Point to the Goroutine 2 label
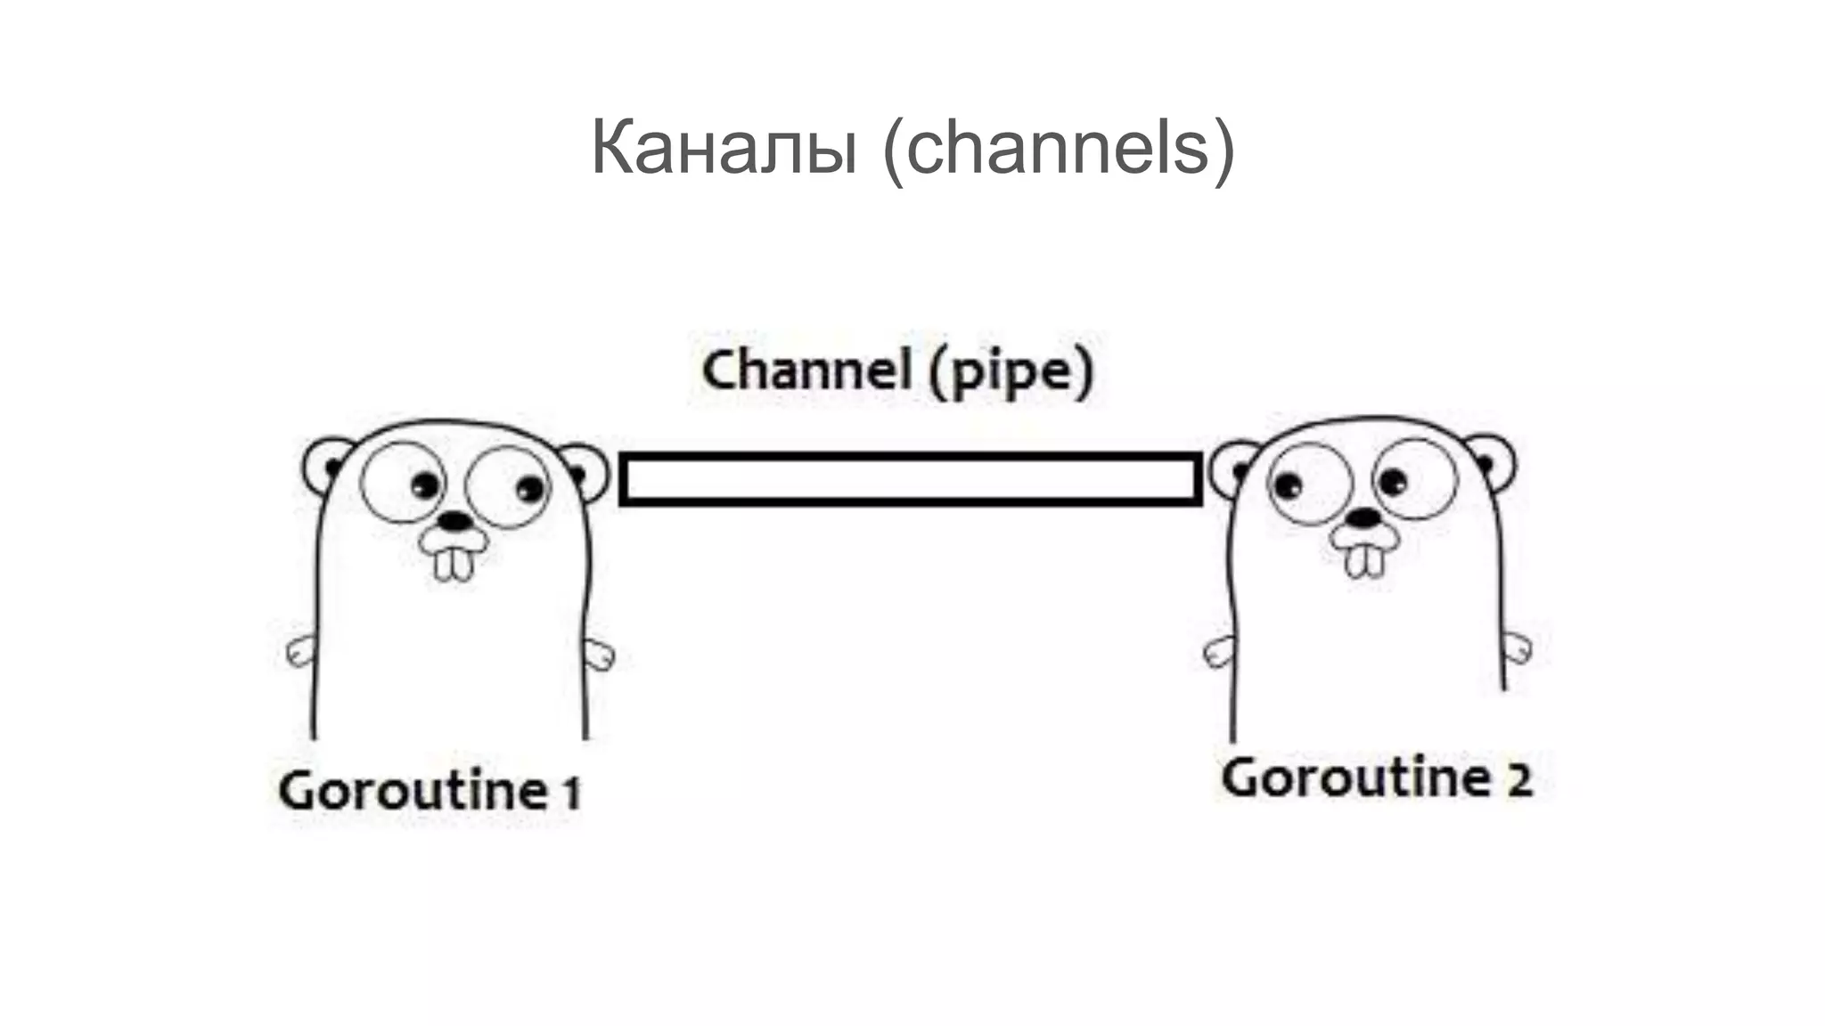pos(1376,778)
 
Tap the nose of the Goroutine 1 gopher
pos(455,520)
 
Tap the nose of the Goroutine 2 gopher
pos(1363,517)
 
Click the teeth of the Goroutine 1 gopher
pos(453,563)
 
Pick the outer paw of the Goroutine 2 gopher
pos(1517,647)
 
